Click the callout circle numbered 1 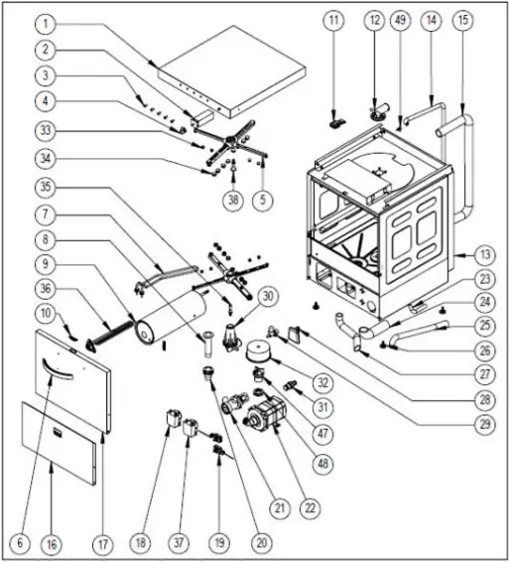46,25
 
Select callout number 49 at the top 400,20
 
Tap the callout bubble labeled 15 463,20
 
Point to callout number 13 485,255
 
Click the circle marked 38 233,200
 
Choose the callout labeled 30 268,297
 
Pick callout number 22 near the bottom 310,507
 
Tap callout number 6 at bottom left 20,542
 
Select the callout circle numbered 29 485,425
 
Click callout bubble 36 46,289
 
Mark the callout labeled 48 322,464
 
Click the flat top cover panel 231,70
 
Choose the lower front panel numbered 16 59,444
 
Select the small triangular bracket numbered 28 296,335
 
